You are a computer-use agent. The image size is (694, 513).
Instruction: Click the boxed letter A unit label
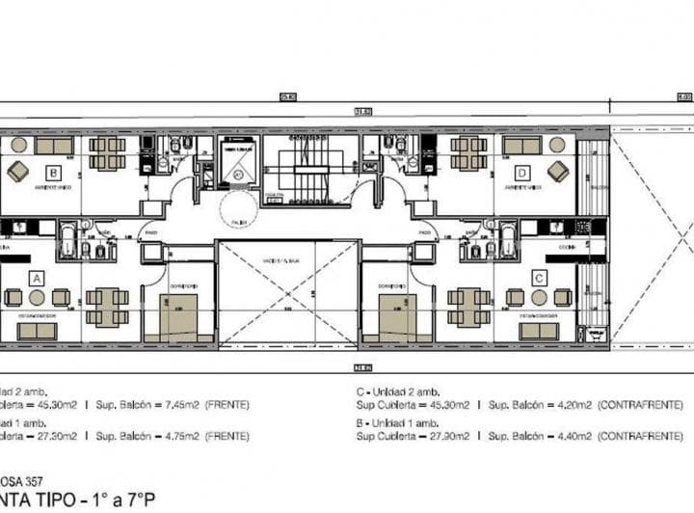point(37,277)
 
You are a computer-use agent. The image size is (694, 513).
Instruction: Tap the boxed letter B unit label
point(54,174)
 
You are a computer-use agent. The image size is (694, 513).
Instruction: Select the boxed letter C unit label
point(539,277)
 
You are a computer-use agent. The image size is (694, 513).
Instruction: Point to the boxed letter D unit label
point(522,174)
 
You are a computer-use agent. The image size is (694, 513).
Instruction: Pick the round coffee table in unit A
point(37,298)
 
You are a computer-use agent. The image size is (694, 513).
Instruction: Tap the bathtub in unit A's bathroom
point(68,241)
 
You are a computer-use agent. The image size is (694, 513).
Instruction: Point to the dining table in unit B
point(107,152)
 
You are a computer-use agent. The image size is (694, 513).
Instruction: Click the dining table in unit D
point(468,152)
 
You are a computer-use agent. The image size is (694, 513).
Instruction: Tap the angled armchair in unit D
point(558,171)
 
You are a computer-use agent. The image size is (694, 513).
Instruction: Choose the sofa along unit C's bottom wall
point(539,331)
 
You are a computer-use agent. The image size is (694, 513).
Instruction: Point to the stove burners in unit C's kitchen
point(582,228)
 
